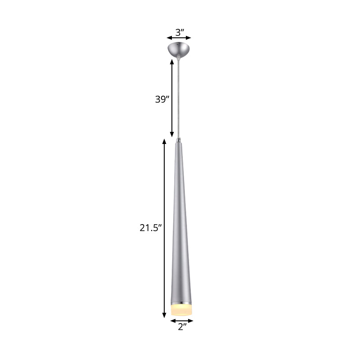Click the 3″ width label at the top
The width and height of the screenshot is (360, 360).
pos(180,32)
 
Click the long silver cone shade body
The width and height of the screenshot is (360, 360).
pos(181,225)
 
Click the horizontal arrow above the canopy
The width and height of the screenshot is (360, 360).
pos(179,38)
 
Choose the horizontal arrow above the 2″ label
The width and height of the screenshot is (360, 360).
pos(182,321)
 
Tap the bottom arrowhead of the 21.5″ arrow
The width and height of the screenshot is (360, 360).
pos(164,316)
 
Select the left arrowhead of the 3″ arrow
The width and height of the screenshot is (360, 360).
pos(168,38)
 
